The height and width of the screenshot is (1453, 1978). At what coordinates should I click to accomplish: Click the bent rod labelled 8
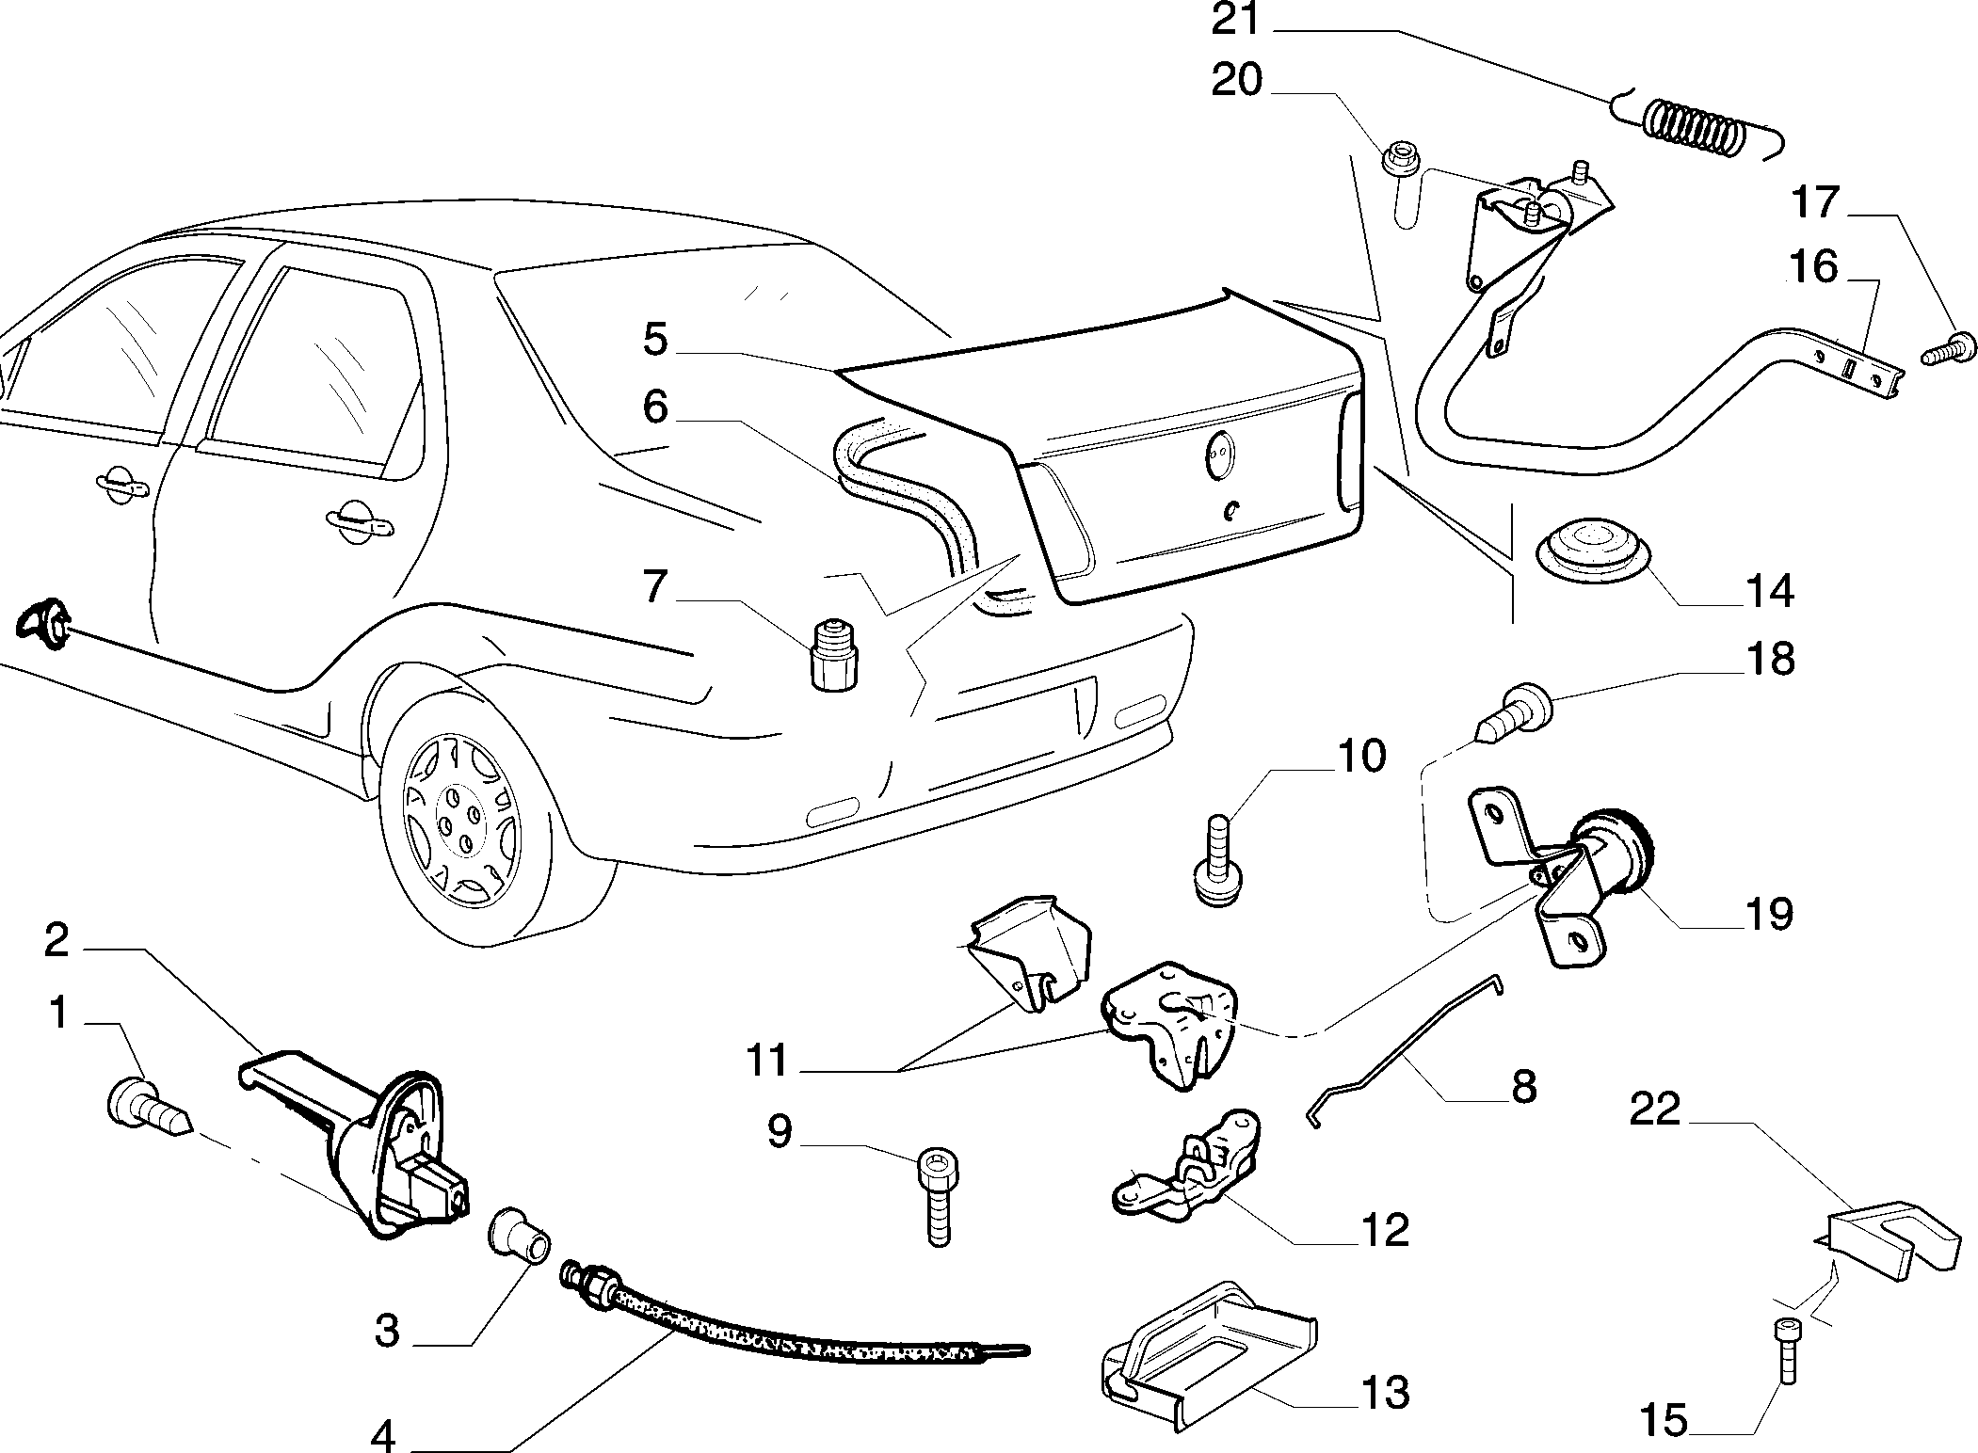(1404, 1051)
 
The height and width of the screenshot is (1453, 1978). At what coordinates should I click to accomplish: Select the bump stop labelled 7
(834, 654)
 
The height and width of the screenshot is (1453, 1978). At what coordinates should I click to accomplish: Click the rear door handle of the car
(357, 522)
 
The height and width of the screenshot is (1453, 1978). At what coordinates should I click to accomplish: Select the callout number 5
(655, 340)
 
